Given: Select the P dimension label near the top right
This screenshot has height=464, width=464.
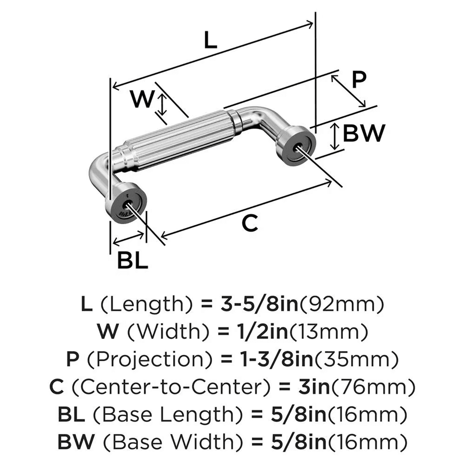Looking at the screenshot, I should [358, 80].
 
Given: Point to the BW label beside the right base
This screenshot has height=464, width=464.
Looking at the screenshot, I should [364, 134].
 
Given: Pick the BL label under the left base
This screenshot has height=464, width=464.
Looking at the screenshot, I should [132, 261].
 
